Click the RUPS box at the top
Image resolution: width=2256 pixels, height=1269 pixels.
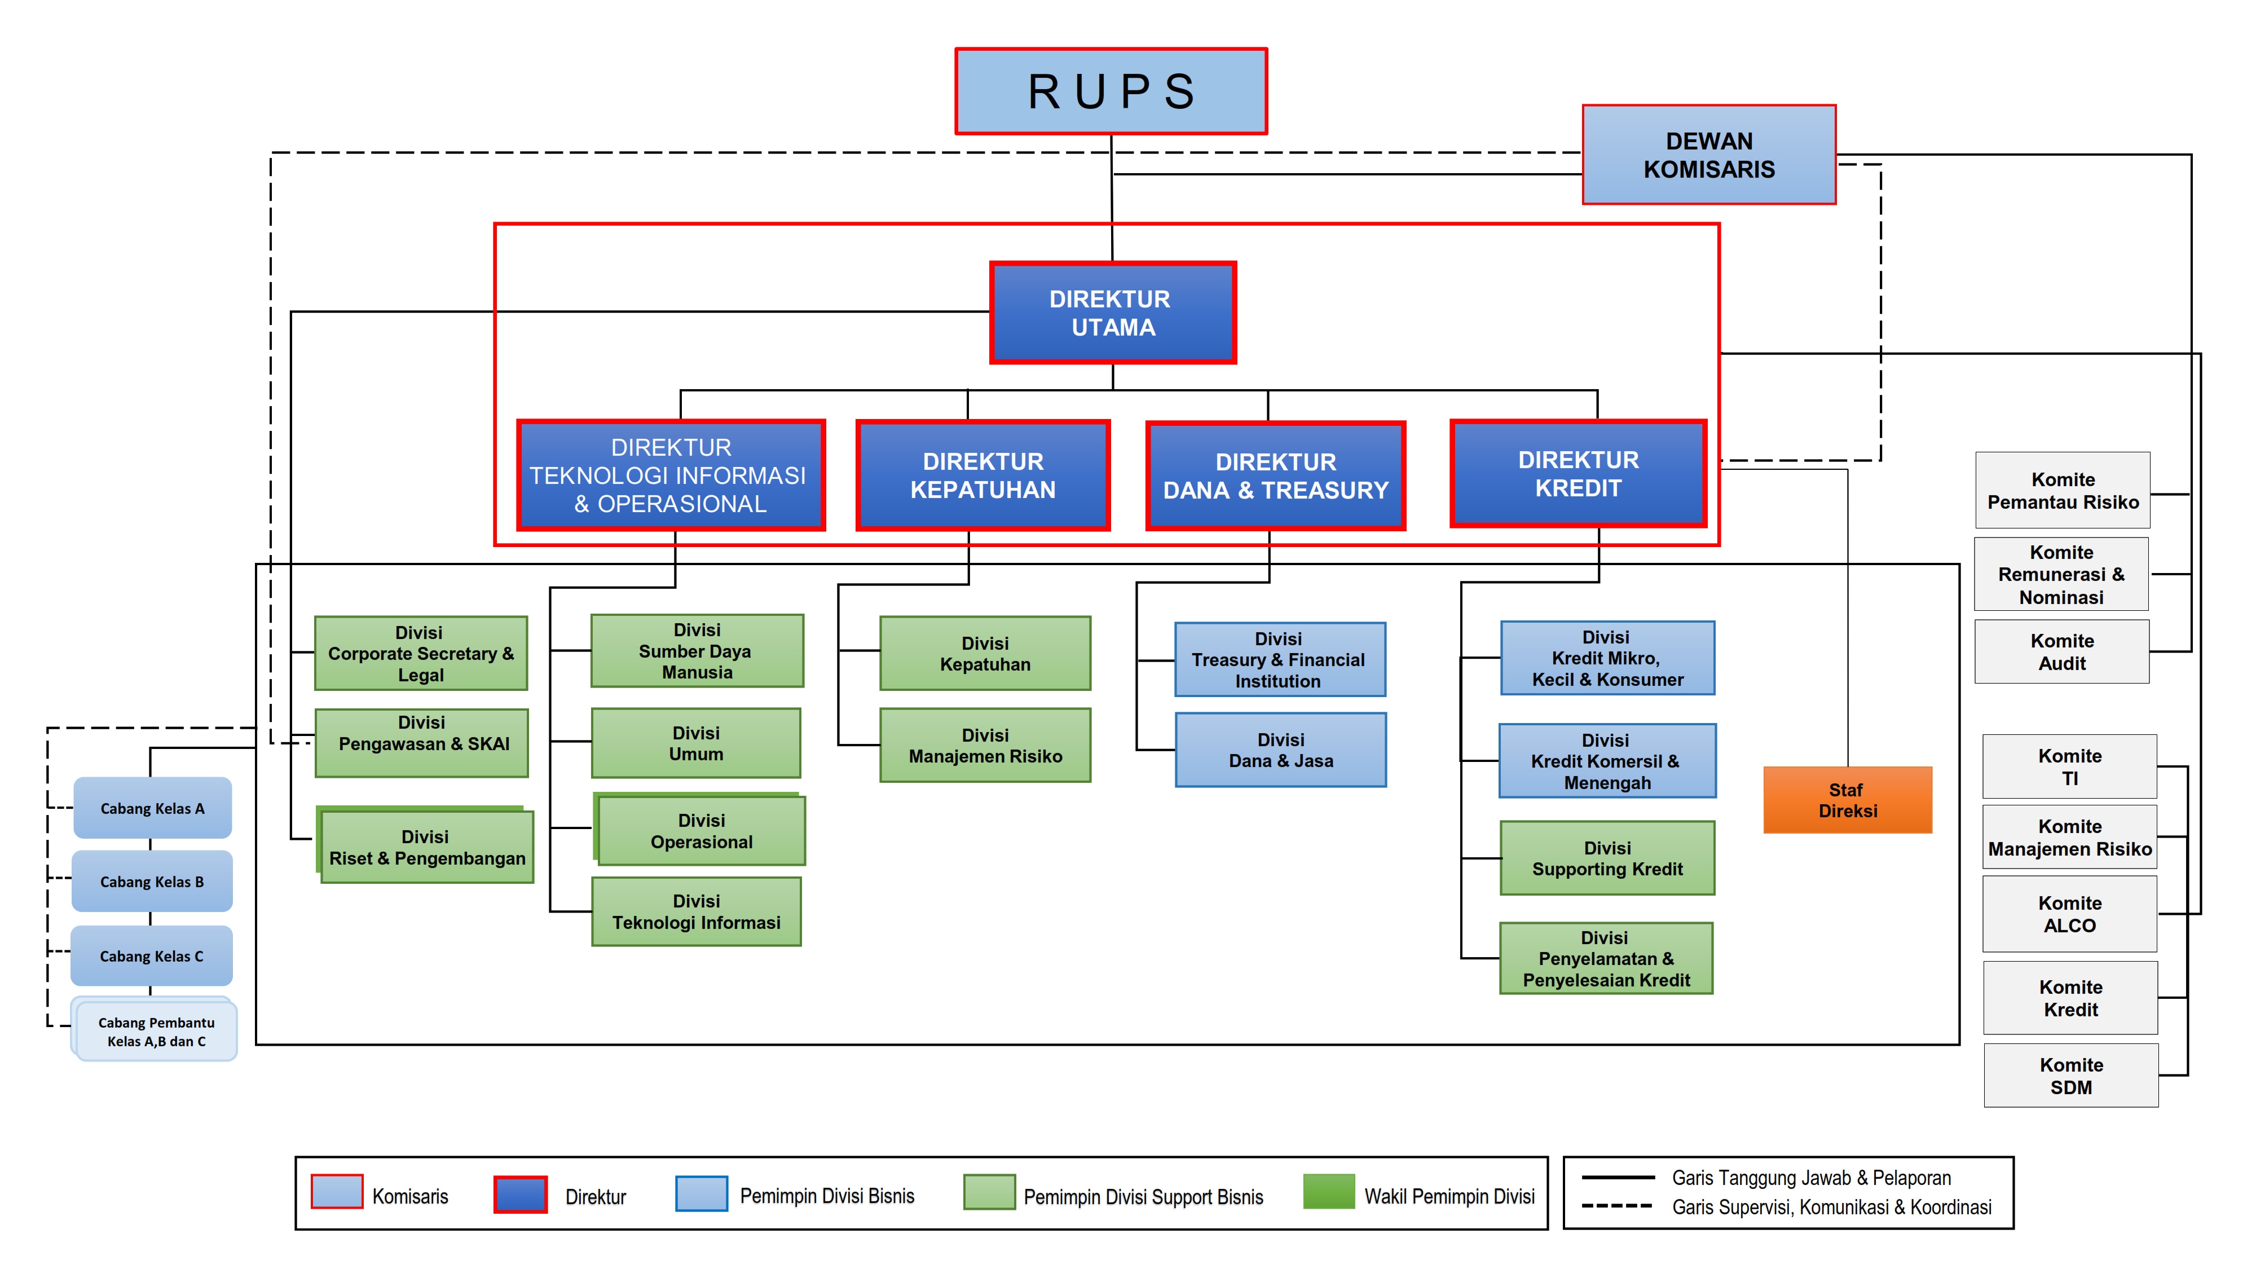point(1111,91)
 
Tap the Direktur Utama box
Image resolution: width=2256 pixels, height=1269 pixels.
point(1112,312)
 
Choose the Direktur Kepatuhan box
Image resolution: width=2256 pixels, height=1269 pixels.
point(982,475)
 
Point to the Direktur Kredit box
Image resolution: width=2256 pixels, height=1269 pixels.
point(1578,474)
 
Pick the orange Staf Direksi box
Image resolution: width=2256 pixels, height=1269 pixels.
point(1847,800)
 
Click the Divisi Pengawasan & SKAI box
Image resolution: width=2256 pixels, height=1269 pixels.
point(421,743)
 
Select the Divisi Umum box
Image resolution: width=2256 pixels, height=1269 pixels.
point(695,743)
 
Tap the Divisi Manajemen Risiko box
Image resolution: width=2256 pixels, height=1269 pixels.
point(985,745)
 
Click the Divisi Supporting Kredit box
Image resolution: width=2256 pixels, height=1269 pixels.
point(1607,858)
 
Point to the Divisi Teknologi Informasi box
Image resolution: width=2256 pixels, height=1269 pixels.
point(696,911)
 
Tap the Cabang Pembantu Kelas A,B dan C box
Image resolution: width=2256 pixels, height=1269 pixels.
point(156,1032)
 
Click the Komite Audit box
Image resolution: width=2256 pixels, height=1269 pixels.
point(2061,651)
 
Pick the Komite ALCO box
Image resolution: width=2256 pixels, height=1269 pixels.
point(2069,914)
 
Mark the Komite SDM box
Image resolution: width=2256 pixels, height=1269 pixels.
point(2070,1076)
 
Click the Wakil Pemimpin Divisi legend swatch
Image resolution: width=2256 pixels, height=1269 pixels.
point(1329,1192)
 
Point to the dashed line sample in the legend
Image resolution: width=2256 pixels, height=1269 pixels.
point(1616,1206)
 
